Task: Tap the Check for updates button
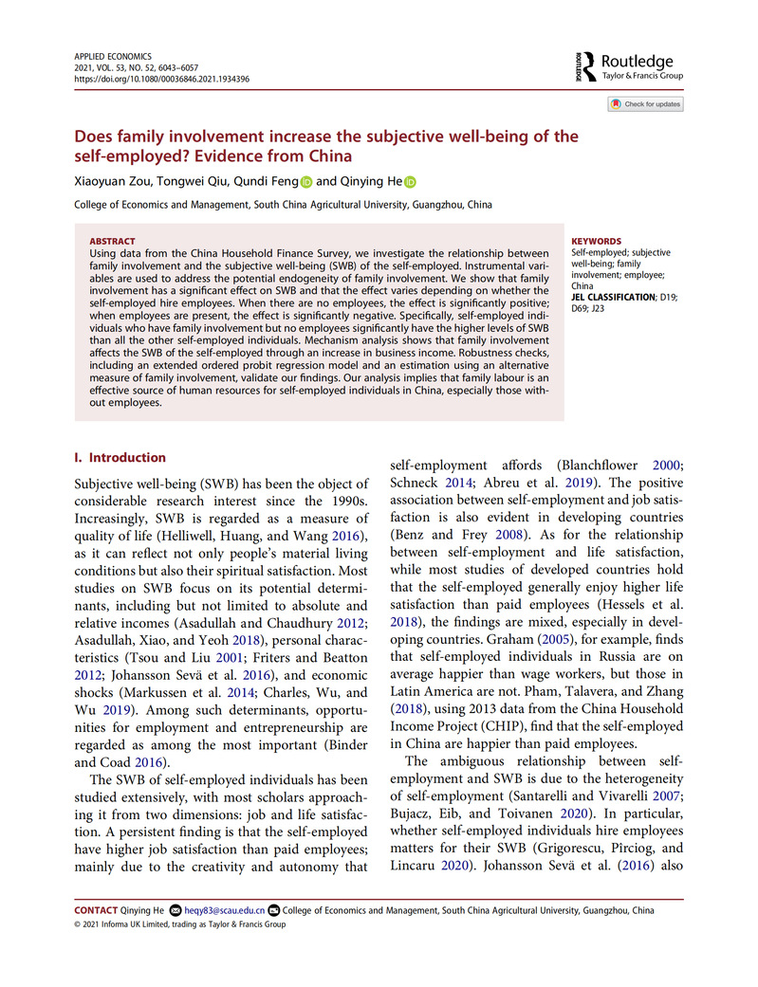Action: pos(646,104)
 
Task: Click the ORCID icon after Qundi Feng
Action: pos(305,182)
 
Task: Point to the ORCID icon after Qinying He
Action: pos(410,182)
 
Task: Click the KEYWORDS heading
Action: pos(597,242)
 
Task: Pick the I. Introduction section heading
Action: pos(120,457)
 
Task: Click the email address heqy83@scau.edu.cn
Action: pos(225,910)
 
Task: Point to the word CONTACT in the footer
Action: pos(96,910)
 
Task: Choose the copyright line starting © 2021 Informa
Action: pos(179,924)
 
